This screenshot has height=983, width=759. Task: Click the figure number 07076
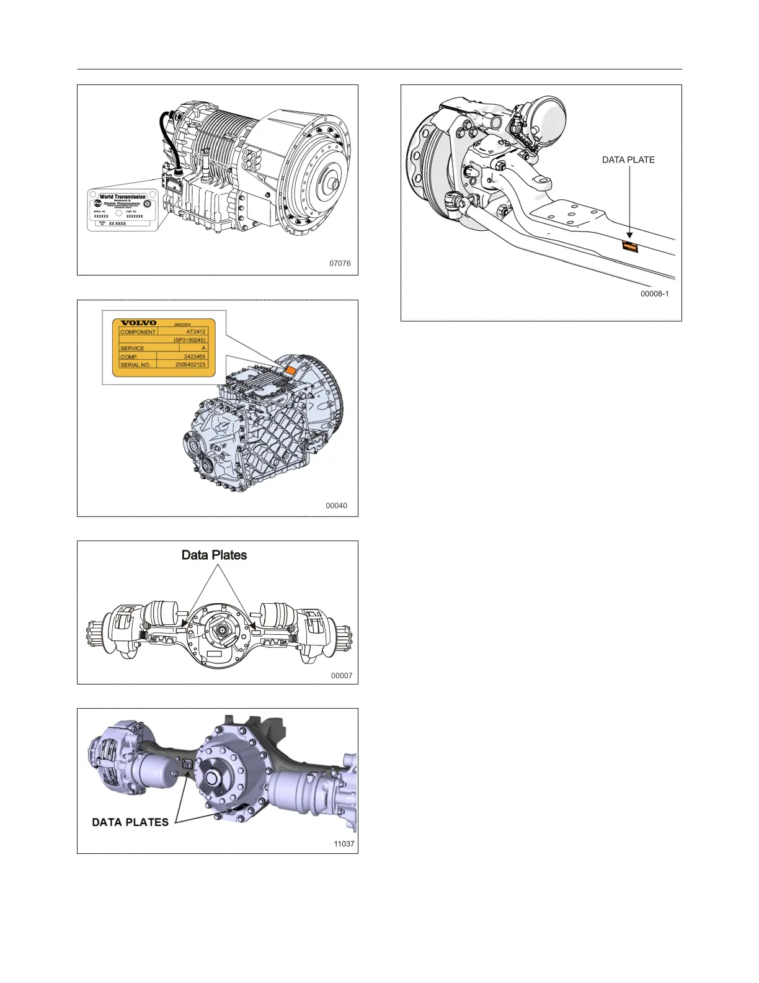coord(340,264)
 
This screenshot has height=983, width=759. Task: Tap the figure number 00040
coord(337,506)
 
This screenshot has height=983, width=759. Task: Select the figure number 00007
coord(342,676)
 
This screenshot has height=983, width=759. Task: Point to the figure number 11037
coord(344,844)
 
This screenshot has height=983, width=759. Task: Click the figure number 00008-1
coord(655,294)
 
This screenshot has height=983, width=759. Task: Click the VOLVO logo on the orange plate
coord(138,323)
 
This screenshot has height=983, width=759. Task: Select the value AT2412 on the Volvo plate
coord(195,332)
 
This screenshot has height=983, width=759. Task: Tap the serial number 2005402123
coord(190,365)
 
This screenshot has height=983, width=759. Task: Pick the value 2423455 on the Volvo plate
coord(195,357)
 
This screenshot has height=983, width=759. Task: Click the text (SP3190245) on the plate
coord(190,340)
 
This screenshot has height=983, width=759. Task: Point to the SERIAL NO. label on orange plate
coord(135,365)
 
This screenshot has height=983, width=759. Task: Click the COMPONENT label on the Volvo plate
coord(138,332)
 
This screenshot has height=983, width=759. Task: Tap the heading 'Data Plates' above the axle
coord(214,555)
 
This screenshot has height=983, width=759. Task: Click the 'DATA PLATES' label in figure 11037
coord(130,822)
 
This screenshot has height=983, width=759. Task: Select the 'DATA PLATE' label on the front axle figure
coord(628,160)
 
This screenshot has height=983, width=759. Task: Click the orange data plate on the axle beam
coord(630,247)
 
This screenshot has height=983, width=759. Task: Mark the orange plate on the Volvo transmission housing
coord(290,370)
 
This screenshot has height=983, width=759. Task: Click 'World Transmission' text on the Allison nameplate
coord(123,197)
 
